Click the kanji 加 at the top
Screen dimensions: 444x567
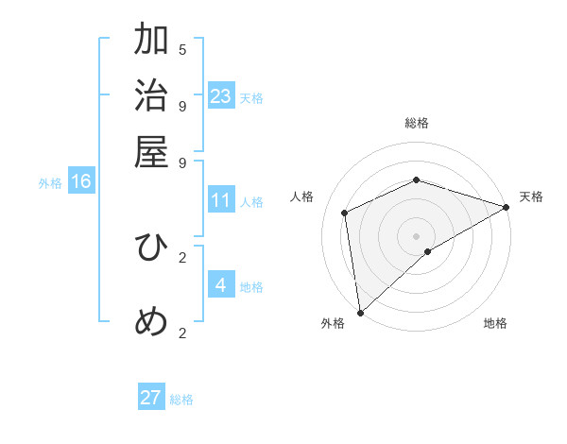point(151,41)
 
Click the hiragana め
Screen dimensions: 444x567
point(151,322)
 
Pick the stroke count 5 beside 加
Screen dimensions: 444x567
point(182,49)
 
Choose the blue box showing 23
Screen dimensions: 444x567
point(221,95)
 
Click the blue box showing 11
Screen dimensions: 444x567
point(221,200)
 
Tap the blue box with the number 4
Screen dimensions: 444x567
point(221,284)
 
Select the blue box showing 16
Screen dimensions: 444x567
point(81,181)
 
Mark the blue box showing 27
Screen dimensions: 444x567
point(151,398)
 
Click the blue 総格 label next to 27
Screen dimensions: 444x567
point(181,400)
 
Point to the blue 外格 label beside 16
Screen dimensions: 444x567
point(50,183)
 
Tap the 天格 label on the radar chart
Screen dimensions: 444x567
point(531,196)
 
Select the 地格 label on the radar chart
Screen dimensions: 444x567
point(495,323)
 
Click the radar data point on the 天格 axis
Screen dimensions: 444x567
point(507,207)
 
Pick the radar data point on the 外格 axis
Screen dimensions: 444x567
point(360,313)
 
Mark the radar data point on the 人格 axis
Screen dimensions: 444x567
point(345,213)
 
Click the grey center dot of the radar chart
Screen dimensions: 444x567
point(416,235)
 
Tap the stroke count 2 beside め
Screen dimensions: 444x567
point(182,332)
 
